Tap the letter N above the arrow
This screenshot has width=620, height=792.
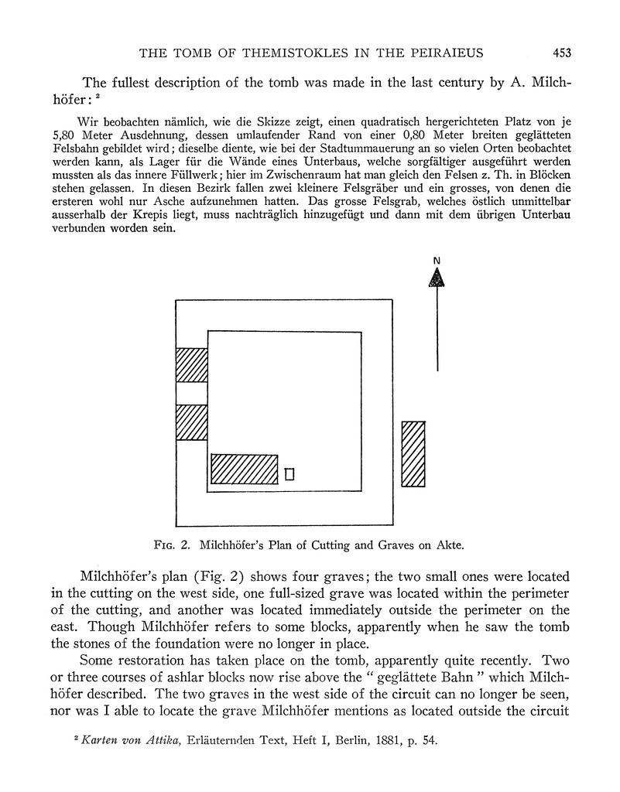point(437,261)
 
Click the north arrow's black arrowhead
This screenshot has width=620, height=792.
point(437,277)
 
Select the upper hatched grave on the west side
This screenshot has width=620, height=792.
point(192,366)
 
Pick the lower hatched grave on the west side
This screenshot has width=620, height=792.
point(192,422)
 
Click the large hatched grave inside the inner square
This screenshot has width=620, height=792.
point(244,469)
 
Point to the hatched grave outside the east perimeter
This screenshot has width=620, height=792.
point(413,454)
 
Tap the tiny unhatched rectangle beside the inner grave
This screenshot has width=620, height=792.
point(290,474)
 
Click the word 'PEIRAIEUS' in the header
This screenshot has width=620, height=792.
point(444,53)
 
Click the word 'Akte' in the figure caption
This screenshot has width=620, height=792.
point(447,545)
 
